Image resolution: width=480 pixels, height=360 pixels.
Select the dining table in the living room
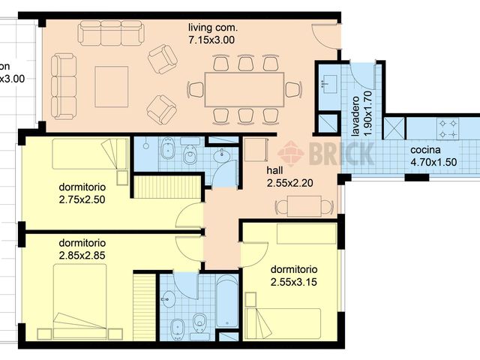[x=244, y=89]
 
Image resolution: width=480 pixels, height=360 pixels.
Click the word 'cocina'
[x=425, y=149]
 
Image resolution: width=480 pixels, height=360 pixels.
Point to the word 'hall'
[x=275, y=169]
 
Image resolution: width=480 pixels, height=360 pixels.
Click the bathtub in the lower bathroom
[x=227, y=301]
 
